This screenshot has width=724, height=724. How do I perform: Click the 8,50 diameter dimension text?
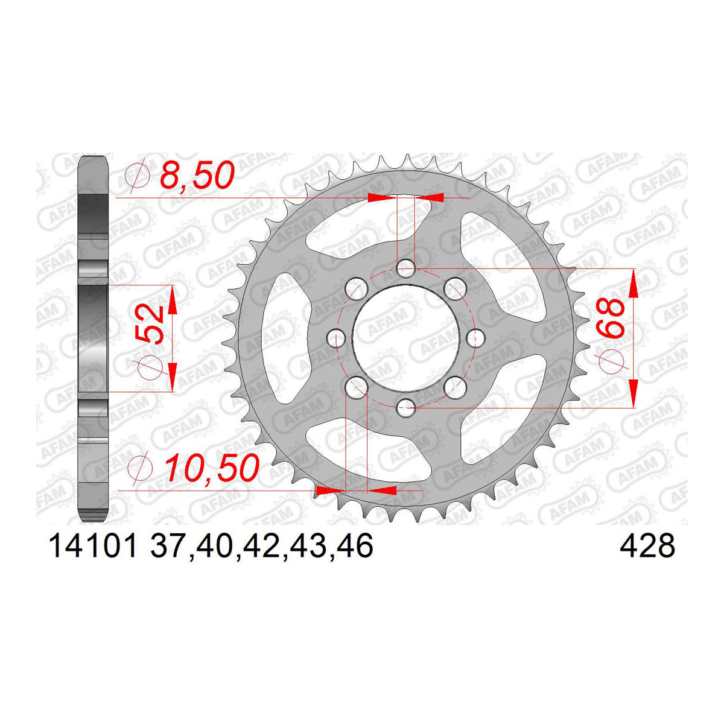[x=198, y=176]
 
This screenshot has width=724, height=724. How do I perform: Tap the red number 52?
[x=150, y=325]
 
